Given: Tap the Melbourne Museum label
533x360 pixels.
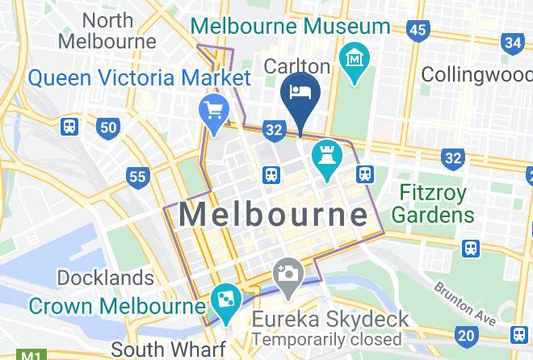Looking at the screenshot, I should pos(291,26).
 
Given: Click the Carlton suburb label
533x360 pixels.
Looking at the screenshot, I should pos(298,66).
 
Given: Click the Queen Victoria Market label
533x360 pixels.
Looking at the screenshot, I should pos(139,78).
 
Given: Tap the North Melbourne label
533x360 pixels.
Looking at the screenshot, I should pos(107,31).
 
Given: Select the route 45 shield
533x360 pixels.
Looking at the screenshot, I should pos(417,31).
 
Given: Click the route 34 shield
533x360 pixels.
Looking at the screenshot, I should pos(513,42).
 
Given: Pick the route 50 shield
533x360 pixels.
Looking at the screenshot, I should pos(107,127).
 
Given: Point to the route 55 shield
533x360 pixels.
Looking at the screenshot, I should pos(137,176).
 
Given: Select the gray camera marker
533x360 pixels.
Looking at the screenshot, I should pos(287,272).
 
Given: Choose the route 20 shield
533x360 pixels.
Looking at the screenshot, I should pos(466,334).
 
